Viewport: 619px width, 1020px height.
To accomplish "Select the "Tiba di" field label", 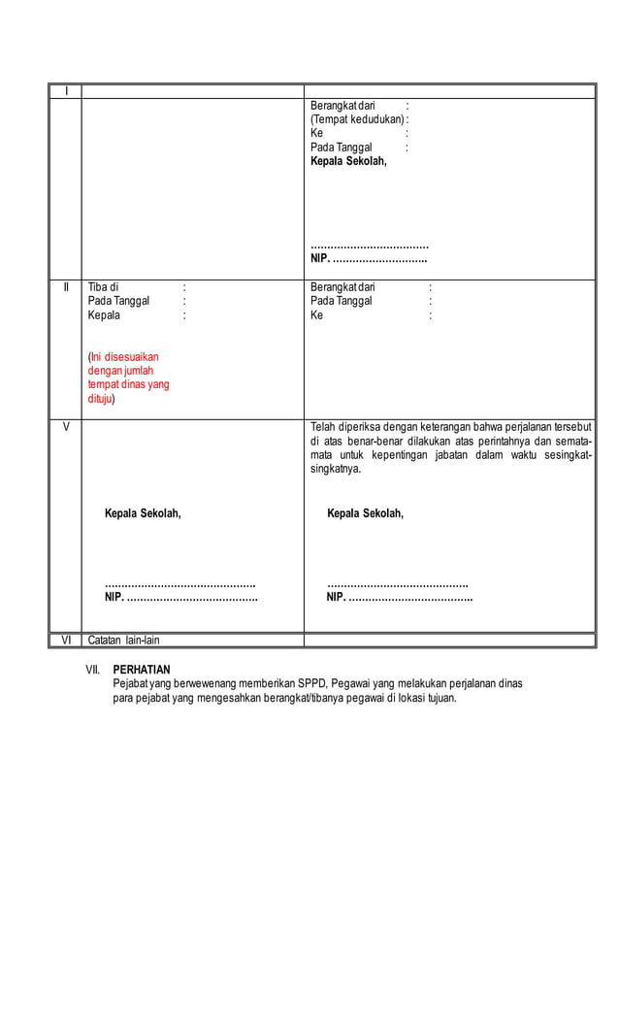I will tap(103, 287).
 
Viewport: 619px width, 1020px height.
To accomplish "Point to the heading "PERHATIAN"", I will tap(142, 670).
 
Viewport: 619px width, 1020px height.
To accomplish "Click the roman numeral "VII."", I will tap(94, 670).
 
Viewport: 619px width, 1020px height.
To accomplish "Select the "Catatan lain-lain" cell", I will tap(123, 641).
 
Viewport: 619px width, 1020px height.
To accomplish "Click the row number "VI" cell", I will tap(66, 641).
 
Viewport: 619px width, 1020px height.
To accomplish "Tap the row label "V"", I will tap(66, 427).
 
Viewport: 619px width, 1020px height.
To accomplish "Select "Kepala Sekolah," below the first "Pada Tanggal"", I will tap(348, 161).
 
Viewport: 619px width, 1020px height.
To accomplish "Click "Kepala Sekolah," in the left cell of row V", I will tap(143, 513).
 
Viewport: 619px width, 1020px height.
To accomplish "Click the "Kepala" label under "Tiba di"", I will tap(105, 315).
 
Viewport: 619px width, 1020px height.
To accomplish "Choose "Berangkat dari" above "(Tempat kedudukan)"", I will tap(342, 105).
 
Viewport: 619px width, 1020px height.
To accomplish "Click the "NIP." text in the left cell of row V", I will tap(114, 597).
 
